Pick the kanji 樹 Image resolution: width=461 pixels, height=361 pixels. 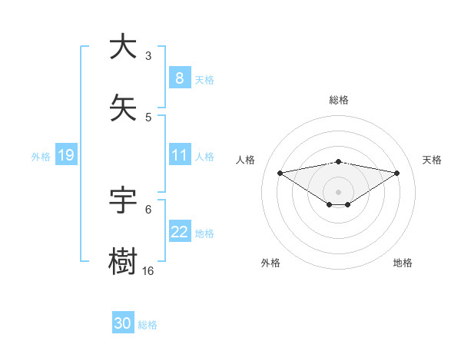tap(123, 261)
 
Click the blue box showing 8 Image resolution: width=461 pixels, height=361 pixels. tap(179, 78)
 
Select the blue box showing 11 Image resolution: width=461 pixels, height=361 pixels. tap(179, 156)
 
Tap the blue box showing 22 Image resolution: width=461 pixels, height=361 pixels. tap(179, 233)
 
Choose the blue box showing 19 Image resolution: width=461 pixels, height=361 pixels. tap(65, 156)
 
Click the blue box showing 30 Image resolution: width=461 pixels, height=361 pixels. tap(122, 323)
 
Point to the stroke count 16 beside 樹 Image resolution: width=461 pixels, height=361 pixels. tap(148, 270)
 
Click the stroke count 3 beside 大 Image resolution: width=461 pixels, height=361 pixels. tap(148, 55)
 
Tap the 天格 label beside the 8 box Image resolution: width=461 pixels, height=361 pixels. tap(204, 79)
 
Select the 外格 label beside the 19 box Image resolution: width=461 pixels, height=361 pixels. tap(41, 156)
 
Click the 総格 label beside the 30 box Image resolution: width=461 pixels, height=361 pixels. tap(148, 324)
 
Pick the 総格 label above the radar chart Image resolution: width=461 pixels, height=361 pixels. tap(339, 100)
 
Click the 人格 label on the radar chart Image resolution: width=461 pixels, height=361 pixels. tap(246, 160)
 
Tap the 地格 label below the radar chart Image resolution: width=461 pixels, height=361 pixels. tap(403, 263)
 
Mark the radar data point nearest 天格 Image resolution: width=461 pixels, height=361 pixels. tap(397, 173)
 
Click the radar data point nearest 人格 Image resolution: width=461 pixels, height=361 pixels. tap(280, 173)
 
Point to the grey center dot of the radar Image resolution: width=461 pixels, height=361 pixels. tap(339, 191)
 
